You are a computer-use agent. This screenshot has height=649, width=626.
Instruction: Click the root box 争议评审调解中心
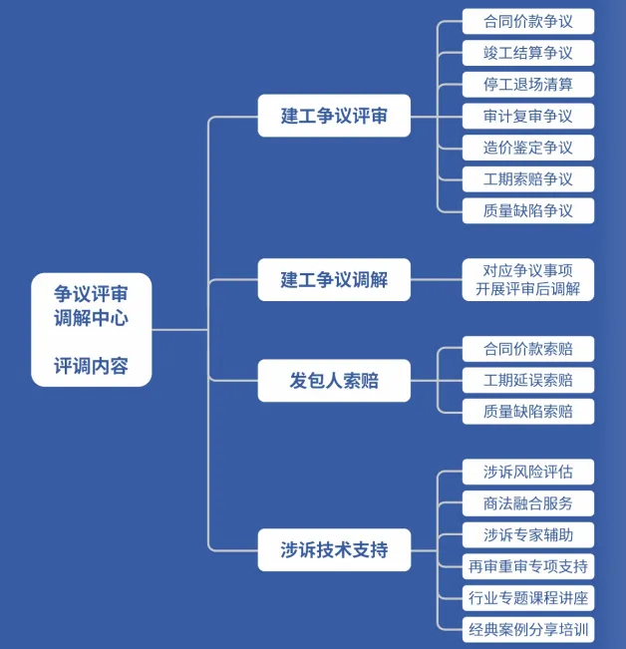(92, 329)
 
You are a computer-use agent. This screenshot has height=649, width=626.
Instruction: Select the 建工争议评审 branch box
(334, 116)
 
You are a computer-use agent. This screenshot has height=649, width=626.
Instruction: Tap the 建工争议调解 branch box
(334, 279)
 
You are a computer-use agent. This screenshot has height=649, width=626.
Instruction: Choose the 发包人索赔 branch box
(334, 380)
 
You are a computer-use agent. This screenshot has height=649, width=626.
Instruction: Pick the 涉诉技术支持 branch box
(334, 549)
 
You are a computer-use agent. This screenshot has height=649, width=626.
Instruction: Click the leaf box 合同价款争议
(528, 21)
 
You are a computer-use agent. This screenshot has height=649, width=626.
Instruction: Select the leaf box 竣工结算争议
(528, 53)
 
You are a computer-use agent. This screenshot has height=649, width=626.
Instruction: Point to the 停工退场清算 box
(528, 84)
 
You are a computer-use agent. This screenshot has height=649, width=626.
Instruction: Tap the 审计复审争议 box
(528, 116)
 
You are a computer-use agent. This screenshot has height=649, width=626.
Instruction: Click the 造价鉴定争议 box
(528, 148)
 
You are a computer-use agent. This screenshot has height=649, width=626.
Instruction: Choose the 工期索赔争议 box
(528, 179)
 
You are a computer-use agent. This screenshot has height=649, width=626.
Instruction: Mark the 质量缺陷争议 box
(528, 210)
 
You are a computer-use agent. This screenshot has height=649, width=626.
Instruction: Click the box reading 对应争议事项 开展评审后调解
(528, 279)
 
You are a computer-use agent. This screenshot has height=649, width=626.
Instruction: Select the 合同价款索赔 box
(528, 348)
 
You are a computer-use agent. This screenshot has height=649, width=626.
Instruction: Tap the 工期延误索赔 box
(528, 380)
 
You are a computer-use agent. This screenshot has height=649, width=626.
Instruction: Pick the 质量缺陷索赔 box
(528, 411)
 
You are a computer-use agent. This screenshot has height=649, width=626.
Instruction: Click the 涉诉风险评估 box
(528, 472)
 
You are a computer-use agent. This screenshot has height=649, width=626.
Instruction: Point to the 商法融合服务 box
(528, 503)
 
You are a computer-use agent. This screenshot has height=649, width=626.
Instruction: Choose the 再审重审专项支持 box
(528, 566)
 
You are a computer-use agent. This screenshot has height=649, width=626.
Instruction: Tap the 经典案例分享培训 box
(528, 629)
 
